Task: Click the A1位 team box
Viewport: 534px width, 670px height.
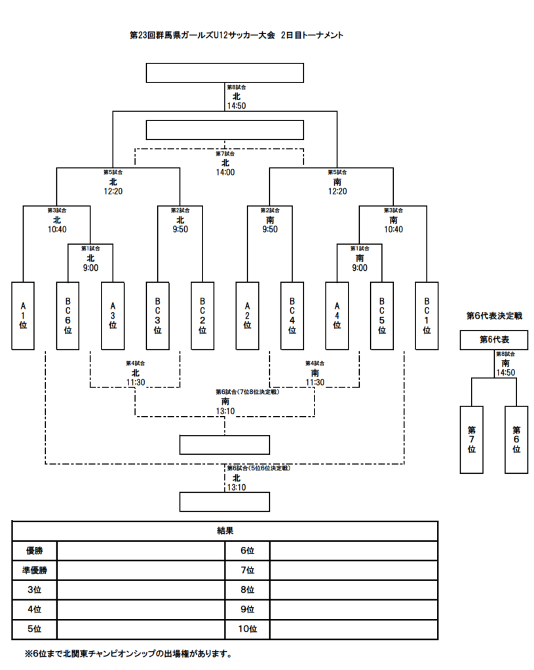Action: click(23, 315)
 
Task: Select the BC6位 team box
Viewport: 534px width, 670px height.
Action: click(67, 315)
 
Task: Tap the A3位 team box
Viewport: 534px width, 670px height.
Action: click(113, 315)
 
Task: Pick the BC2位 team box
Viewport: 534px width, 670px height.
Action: click(202, 315)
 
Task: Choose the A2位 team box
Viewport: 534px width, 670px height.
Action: click(248, 315)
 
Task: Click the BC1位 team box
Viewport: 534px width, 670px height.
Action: click(427, 315)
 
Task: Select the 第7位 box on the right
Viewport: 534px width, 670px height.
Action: click(471, 439)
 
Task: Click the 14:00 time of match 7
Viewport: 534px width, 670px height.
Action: click(225, 173)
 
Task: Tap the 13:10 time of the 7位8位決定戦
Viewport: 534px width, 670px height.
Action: click(225, 411)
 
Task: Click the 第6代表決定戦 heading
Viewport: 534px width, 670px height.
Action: click(494, 315)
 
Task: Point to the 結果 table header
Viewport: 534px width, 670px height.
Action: click(225, 531)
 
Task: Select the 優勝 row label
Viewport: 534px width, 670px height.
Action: click(34, 550)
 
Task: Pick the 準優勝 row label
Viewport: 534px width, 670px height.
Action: click(34, 570)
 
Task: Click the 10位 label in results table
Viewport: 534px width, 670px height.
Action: click(247, 629)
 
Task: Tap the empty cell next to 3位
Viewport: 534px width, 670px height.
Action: click(141, 590)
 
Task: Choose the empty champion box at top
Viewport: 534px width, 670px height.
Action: click(225, 73)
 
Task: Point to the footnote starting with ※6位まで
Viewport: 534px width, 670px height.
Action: click(128, 653)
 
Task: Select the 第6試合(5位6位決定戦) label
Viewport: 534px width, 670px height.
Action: click(258, 468)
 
